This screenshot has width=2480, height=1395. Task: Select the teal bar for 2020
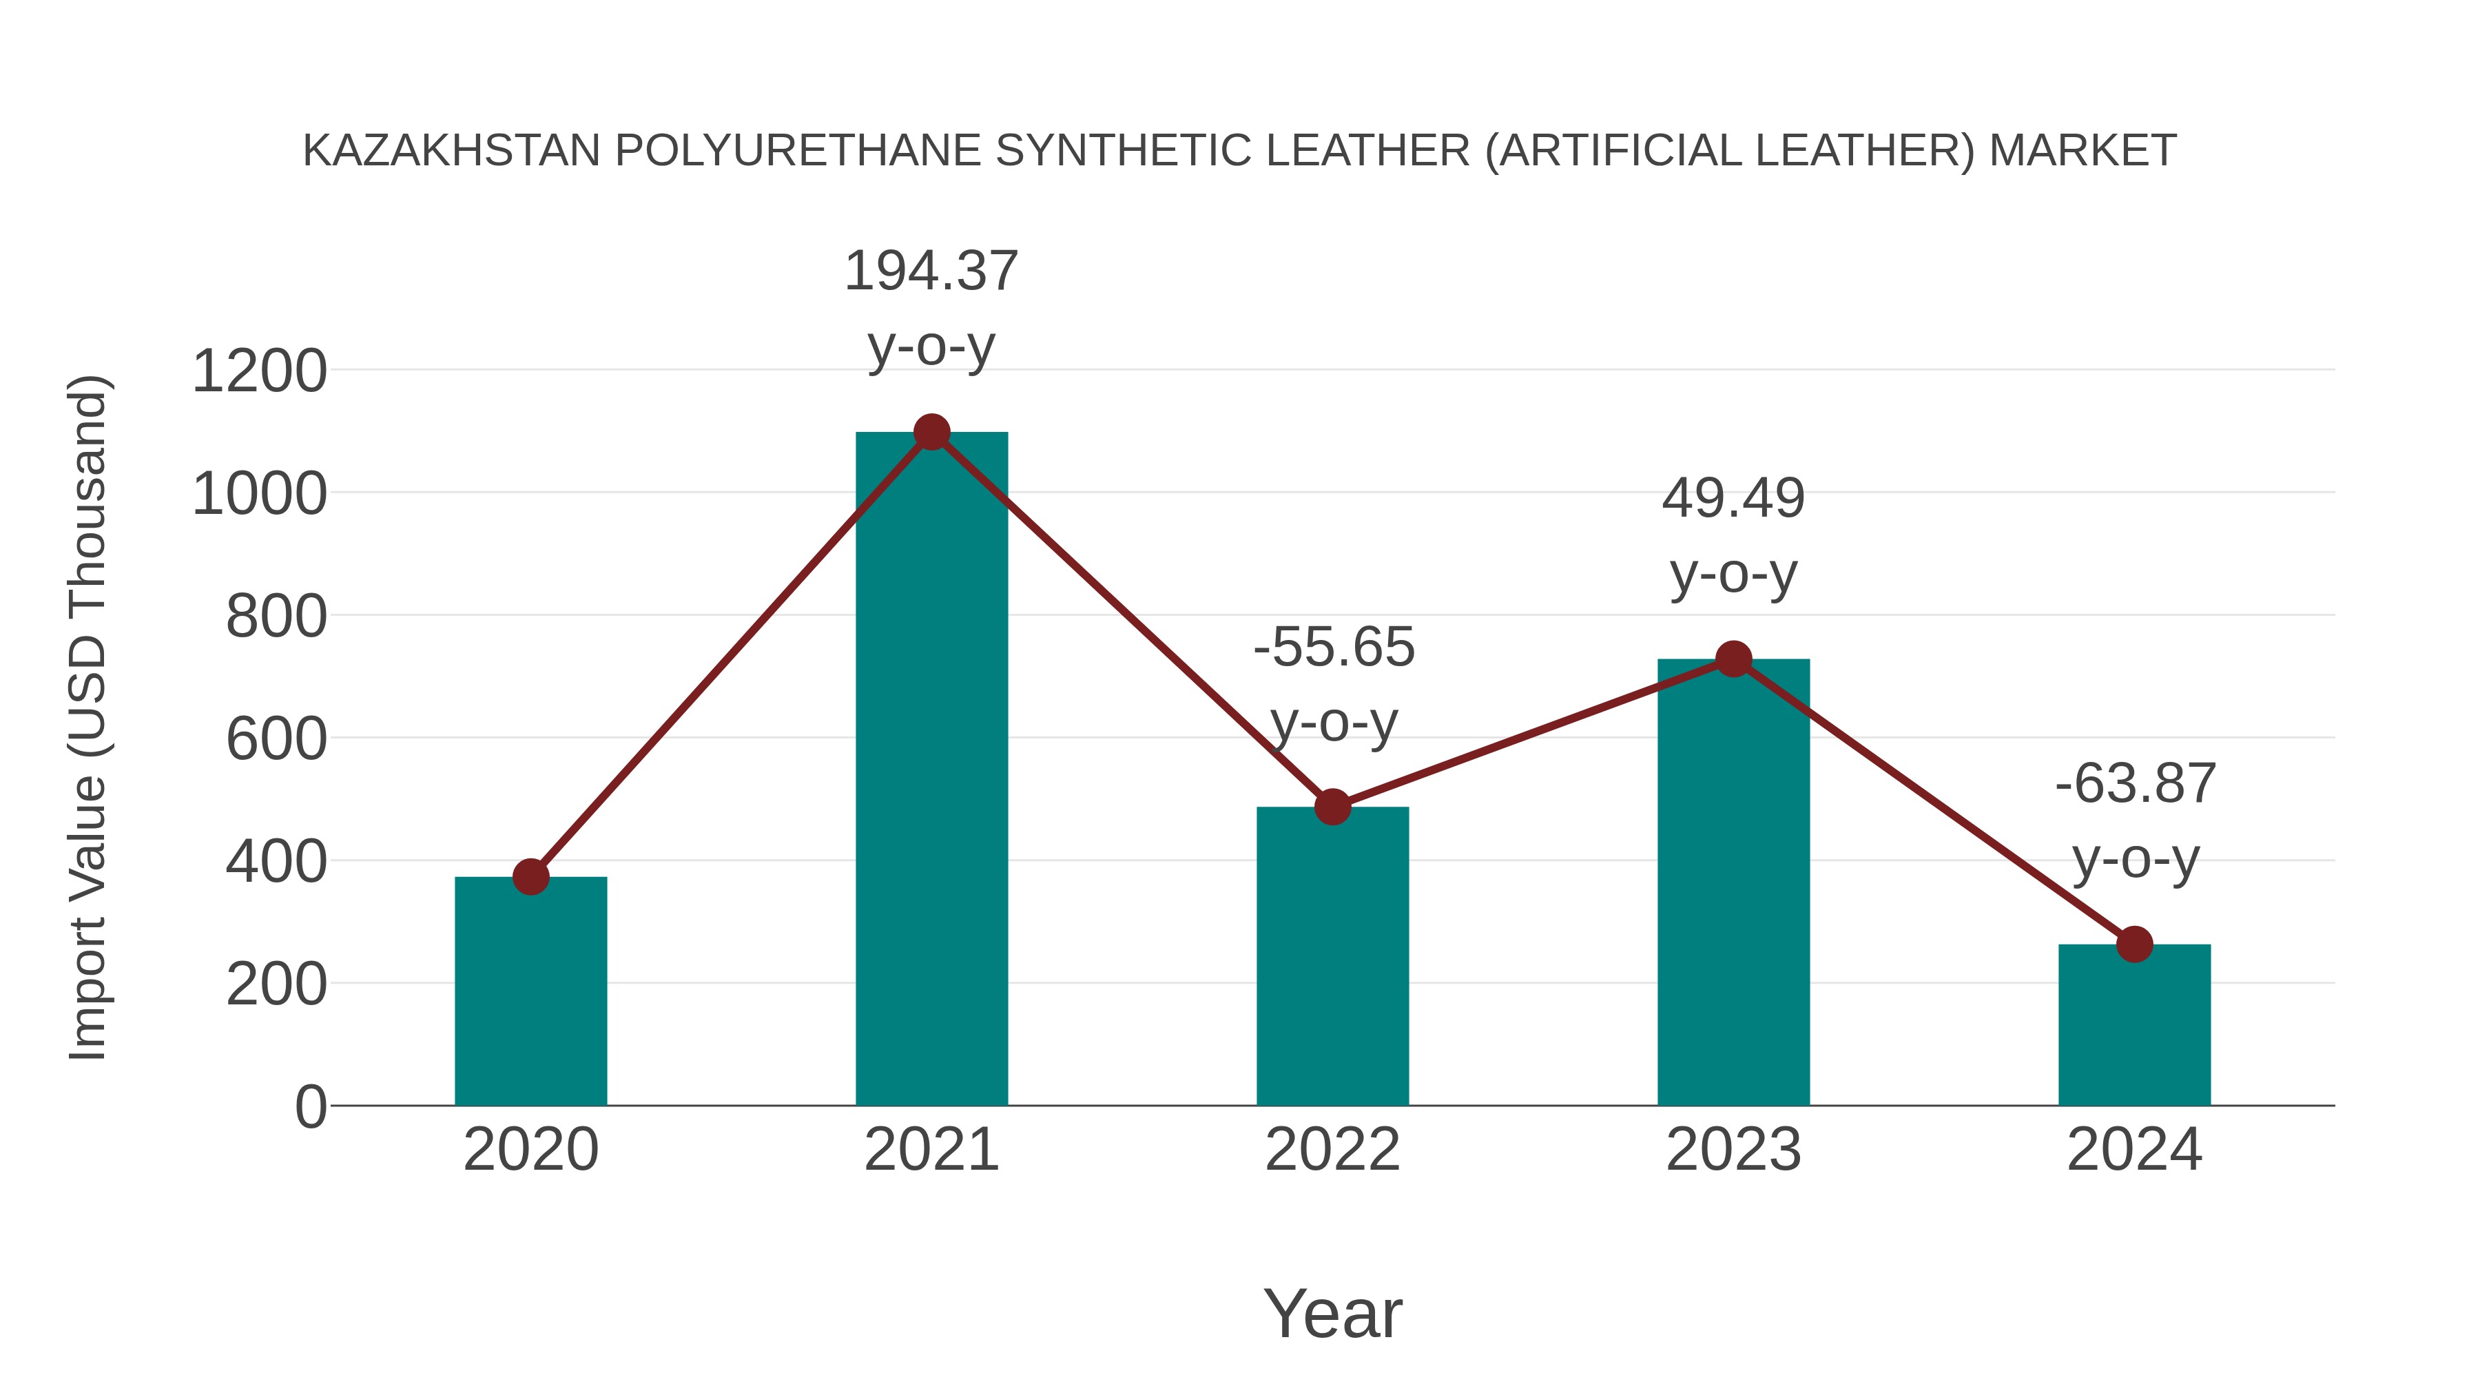[530, 991]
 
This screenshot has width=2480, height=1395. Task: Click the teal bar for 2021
[931, 770]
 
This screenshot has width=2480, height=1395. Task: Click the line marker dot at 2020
[530, 877]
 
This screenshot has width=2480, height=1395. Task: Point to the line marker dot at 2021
[931, 432]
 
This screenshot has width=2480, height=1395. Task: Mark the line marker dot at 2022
[1332, 807]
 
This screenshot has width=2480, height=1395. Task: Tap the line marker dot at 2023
[1733, 659]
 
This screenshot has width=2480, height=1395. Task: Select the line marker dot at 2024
[2134, 944]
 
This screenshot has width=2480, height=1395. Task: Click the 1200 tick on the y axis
[259, 371]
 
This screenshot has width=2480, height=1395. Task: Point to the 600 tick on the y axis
[276, 741]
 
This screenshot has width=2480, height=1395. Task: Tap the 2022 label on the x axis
[1332, 1150]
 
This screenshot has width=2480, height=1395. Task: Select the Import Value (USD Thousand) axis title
[89, 717]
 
